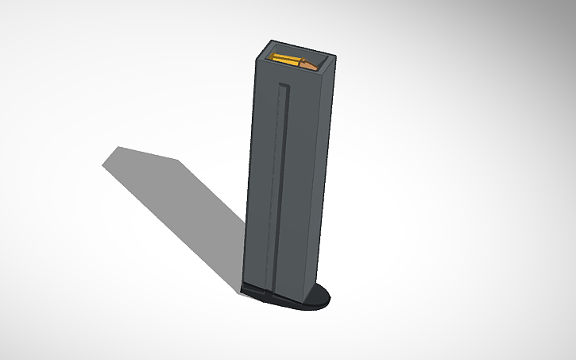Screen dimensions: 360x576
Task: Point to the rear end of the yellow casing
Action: click(276, 58)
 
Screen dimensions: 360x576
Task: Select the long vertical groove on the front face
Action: click(279, 183)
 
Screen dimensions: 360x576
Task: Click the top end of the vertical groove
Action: click(284, 84)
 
